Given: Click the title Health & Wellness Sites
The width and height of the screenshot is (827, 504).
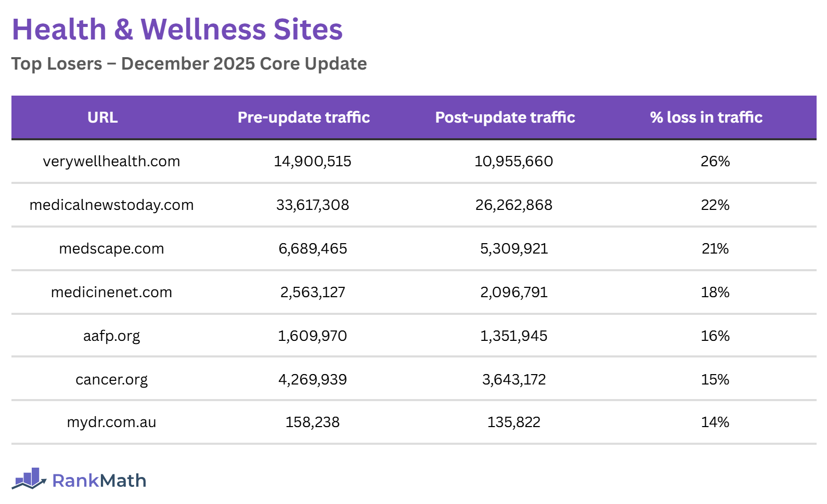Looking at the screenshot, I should pyautogui.click(x=177, y=30).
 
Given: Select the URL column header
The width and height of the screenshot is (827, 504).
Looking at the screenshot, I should pyautogui.click(x=102, y=117).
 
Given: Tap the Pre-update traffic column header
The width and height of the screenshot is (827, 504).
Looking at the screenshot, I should pyautogui.click(x=303, y=117).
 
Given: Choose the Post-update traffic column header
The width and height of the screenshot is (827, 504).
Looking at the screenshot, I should pyautogui.click(x=505, y=117).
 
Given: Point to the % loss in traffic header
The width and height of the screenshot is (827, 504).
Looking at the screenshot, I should pyautogui.click(x=706, y=117).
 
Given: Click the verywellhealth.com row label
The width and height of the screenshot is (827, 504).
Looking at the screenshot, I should pyautogui.click(x=111, y=162).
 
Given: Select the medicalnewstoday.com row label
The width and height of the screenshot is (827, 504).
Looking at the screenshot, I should pyautogui.click(x=111, y=205).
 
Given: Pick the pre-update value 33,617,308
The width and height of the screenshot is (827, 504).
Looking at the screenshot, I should pyautogui.click(x=312, y=205).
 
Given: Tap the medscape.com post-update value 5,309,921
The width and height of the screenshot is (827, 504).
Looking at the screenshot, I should pyautogui.click(x=513, y=249).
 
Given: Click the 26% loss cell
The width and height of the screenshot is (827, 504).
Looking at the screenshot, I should pyautogui.click(x=715, y=162).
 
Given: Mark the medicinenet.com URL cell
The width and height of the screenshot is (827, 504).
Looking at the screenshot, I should pyautogui.click(x=111, y=293).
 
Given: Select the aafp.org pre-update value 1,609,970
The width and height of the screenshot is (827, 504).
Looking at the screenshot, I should pyautogui.click(x=312, y=336).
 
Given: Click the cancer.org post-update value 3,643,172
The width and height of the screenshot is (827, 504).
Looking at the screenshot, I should pyautogui.click(x=513, y=380).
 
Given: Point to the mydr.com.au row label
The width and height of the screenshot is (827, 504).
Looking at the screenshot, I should pyautogui.click(x=111, y=422).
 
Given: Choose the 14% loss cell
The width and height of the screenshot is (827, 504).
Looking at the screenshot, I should pyautogui.click(x=715, y=422).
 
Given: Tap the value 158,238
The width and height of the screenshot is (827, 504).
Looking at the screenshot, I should pyautogui.click(x=312, y=422).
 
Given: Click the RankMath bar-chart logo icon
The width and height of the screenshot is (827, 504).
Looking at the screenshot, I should pyautogui.click(x=29, y=479).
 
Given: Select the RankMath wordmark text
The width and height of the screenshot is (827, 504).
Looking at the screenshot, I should pyautogui.click(x=99, y=481).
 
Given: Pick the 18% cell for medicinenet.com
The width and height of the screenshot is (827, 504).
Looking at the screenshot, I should pyautogui.click(x=715, y=293).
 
